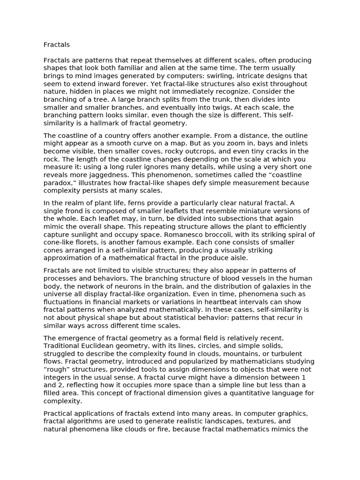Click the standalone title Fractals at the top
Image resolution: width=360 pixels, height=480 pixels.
56,45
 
